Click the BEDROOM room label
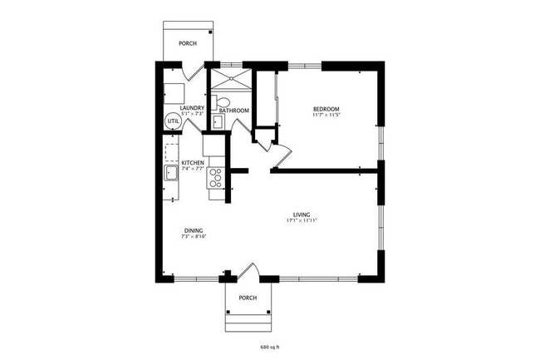tap(326, 109)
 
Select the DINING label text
tap(193, 230)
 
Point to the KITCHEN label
tap(193, 162)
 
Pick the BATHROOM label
tap(234, 111)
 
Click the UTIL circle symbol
tap(173, 121)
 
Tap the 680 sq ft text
tap(271, 346)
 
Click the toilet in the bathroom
tap(214, 104)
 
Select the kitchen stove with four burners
tap(216, 175)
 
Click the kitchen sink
tap(170, 173)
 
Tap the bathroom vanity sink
tap(218, 121)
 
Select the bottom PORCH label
tap(247, 298)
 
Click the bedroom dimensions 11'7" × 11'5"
tap(326, 115)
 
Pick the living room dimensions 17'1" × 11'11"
tap(302, 220)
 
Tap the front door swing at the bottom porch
tap(250, 271)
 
